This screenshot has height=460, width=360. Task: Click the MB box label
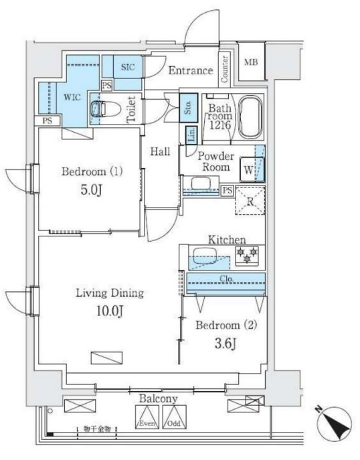[252, 63]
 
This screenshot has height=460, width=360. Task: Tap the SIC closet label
[127, 66]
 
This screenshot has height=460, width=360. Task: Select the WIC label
[72, 97]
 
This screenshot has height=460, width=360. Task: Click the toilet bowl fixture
[101, 108]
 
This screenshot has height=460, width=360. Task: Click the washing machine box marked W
[248, 169]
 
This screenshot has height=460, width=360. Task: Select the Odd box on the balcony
[173, 421]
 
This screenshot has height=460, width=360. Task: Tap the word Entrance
[190, 70]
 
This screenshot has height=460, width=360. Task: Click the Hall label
[159, 153]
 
